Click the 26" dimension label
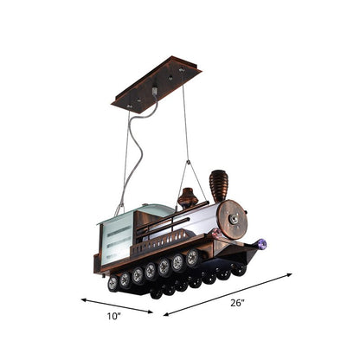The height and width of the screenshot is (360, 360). coord(237,303)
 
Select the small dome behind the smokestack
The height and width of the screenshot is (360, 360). coord(188,201)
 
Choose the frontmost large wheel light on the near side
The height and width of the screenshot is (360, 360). coord(191,257)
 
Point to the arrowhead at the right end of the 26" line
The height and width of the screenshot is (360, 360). coord(290,275)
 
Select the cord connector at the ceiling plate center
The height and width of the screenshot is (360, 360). coord(155,89)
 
